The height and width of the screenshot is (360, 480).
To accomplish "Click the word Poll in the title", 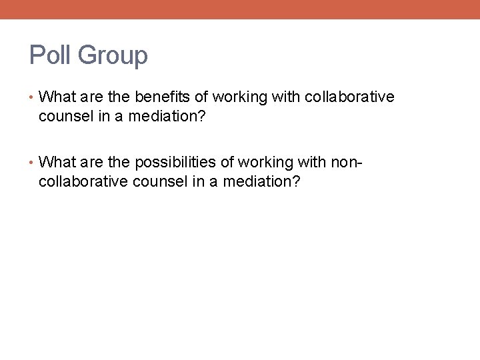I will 50,55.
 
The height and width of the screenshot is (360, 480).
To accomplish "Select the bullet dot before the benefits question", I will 33,97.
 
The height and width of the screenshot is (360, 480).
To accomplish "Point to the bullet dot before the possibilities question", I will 33,163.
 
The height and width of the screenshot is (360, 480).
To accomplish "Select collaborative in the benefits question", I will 349,97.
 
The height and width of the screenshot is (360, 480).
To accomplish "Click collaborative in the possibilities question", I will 84,181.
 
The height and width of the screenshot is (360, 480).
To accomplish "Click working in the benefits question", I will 240,97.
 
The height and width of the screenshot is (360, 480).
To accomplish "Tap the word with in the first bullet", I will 287,97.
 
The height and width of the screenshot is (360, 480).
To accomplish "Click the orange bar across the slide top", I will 240,9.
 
